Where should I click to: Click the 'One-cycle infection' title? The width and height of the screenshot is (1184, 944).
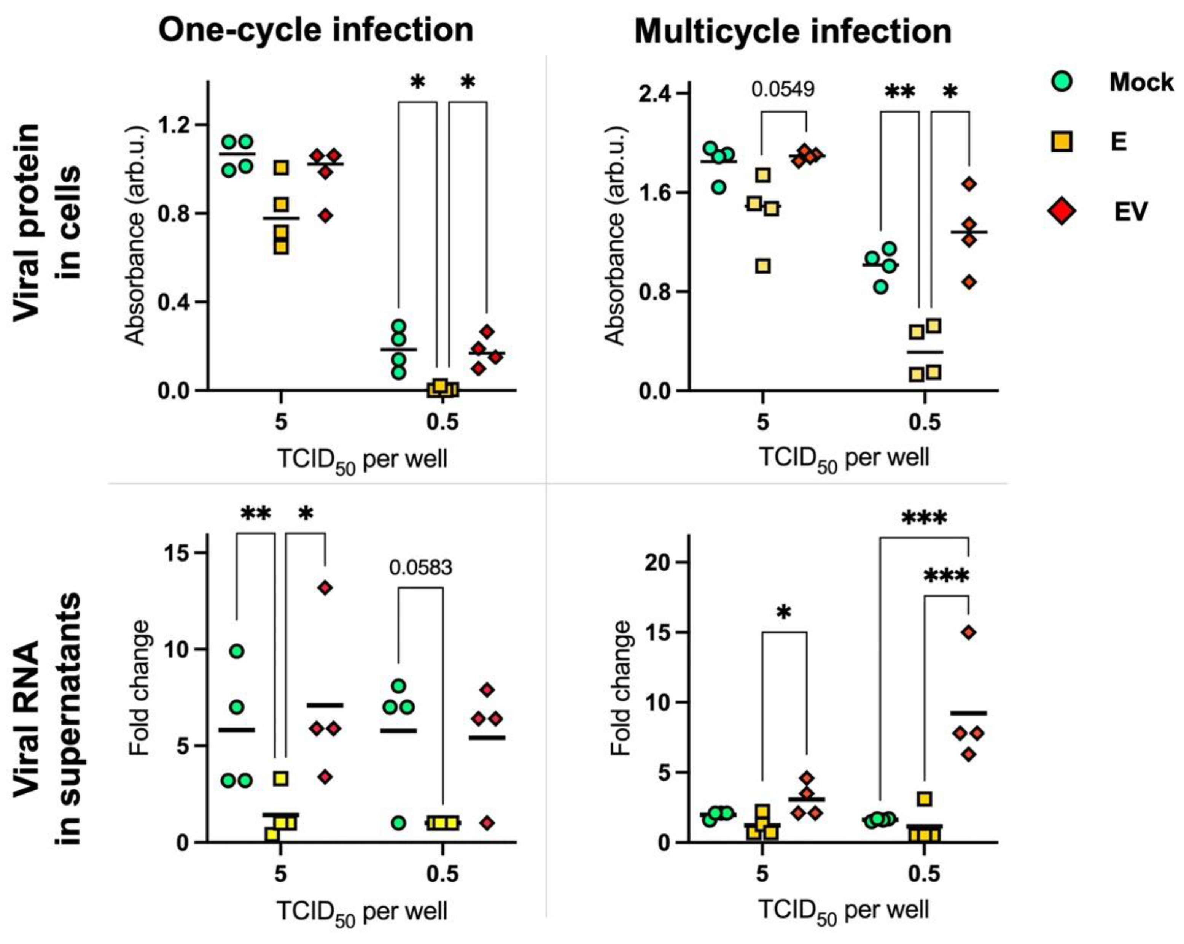click(x=316, y=30)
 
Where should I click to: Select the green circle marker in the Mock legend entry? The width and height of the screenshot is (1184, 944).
click(x=1063, y=83)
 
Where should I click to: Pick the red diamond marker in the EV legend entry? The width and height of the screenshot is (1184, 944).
click(x=1062, y=211)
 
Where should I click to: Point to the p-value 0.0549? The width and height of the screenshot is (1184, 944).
click(x=783, y=89)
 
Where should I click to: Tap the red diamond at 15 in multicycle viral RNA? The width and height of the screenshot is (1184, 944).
click(x=969, y=633)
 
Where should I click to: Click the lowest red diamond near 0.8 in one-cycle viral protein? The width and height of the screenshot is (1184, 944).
click(x=326, y=216)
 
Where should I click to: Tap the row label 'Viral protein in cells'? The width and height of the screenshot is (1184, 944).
click(x=47, y=219)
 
